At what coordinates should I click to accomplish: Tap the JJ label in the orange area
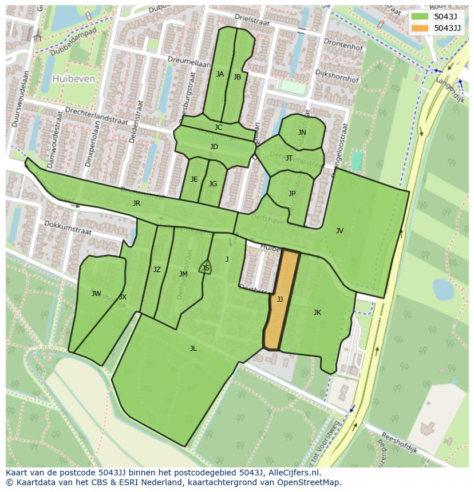pos(280,299)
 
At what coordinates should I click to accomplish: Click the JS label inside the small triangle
pos(206,268)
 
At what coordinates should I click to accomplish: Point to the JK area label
pos(317,313)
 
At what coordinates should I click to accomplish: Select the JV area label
pos(339,231)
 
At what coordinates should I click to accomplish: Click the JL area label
pos(193,349)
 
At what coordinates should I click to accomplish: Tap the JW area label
pos(96,294)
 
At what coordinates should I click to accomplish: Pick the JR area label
pos(136,203)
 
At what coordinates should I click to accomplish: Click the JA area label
pos(220,74)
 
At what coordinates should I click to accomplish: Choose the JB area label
pos(237,77)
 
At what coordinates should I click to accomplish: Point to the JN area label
pos(302,133)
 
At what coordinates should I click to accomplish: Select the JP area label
pos(292,194)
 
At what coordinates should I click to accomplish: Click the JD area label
pos(214,147)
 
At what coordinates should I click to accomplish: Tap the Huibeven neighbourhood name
pos(73,79)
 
